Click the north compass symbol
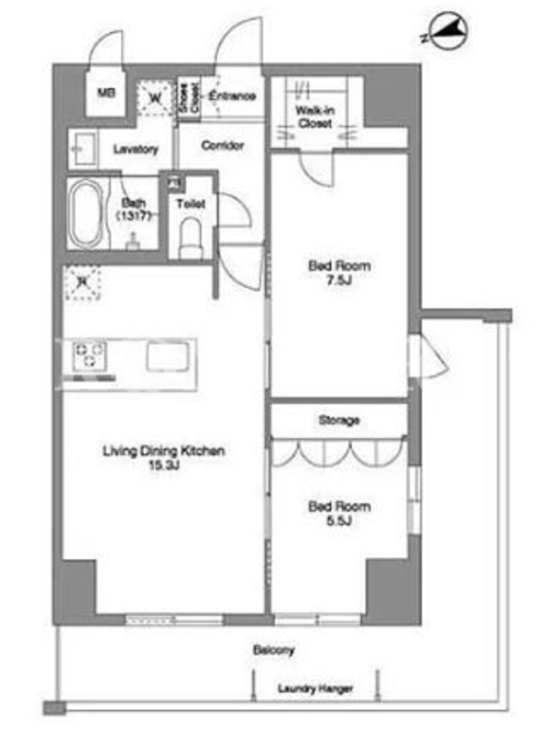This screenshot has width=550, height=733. pos(448,31)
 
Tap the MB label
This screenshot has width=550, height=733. pos(106,93)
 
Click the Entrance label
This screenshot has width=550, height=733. pos(233,96)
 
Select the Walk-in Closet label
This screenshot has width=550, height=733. pos(314,117)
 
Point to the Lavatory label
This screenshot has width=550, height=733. pos(136,149)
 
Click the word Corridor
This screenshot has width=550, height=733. pos(223,146)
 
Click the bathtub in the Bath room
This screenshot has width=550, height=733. pos(85,213)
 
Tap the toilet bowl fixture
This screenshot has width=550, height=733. pos(191,237)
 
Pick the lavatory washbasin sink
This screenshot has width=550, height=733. pos(84,149)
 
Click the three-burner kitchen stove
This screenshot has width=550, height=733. pos(89,356)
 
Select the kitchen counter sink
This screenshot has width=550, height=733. pos(168,356)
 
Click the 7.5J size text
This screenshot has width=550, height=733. pos(339,280)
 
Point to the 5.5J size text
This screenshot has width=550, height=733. pos(339,520)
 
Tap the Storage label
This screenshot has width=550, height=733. pos(339,420)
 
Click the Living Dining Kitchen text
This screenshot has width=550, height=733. pos(164,451)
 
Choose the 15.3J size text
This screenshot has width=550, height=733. pos(164,465)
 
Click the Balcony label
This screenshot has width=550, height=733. pos(273,650)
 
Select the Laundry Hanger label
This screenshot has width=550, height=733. pos(315,688)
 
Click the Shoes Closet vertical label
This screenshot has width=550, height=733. pos(189,98)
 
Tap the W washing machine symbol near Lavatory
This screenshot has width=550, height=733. pos(156,98)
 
